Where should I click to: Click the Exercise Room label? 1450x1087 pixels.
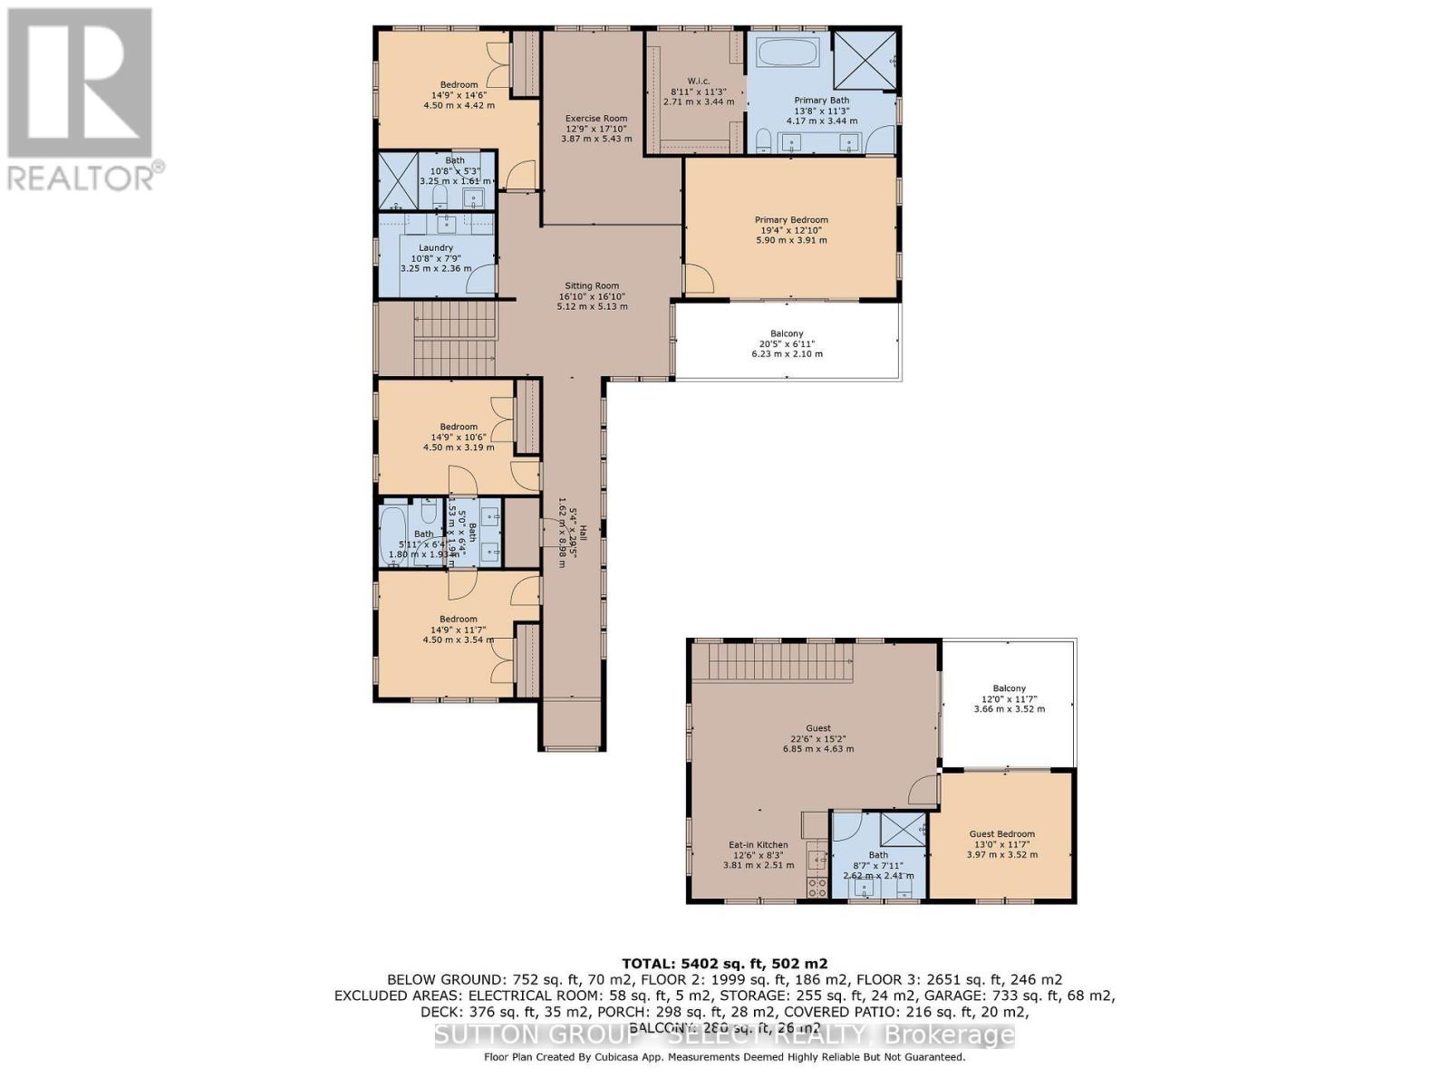tap(595, 119)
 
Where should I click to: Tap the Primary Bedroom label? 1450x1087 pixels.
tap(791, 220)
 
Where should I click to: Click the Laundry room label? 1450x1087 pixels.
tap(436, 248)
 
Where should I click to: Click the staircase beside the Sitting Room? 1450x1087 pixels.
tap(456, 335)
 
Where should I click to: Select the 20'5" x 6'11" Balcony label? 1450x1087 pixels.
tap(787, 334)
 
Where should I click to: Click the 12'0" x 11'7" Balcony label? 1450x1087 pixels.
tap(1009, 689)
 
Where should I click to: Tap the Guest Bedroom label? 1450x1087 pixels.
tap(1001, 834)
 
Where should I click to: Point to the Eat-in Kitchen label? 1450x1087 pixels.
tap(759, 845)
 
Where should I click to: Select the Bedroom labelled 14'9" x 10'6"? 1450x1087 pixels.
tap(459, 427)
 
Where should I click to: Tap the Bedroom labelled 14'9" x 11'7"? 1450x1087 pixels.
tap(459, 620)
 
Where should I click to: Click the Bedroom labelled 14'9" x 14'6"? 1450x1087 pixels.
tap(459, 85)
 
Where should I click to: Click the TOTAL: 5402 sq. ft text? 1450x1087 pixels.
tap(724, 964)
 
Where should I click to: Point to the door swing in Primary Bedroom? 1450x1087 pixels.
tap(699, 277)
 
